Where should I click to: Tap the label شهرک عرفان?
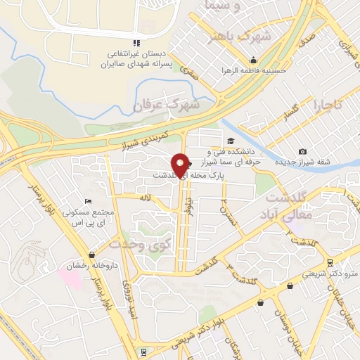(167, 104)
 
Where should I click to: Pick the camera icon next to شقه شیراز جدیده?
(302, 152)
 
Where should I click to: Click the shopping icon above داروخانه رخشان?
(91, 255)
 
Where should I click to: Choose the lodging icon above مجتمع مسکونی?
(87, 202)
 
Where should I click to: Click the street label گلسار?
(289, 110)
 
